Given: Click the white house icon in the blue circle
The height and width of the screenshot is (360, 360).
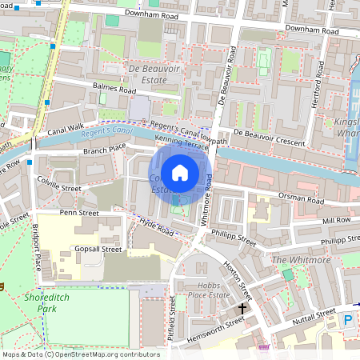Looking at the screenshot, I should pos(180,172).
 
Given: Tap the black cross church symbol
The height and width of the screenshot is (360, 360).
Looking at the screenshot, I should pos(242,308).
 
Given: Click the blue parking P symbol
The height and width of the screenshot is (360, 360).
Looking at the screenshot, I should pos(348,320).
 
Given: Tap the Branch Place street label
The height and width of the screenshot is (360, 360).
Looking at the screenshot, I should pos(105,149).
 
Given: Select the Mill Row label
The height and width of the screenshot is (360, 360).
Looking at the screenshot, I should pos(337,219).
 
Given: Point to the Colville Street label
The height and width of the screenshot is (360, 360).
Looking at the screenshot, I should pos(60,189).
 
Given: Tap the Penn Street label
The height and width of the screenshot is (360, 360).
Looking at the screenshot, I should pos(78,214).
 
